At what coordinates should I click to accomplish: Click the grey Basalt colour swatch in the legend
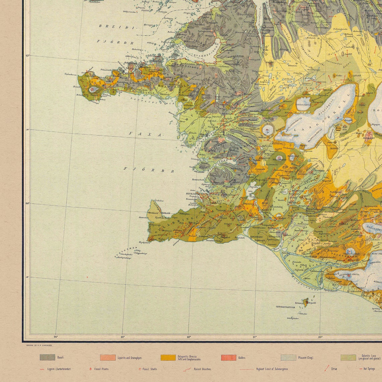coord(47,358)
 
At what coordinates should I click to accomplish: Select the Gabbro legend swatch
coord(228,358)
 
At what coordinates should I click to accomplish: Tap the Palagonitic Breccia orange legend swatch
coord(168,358)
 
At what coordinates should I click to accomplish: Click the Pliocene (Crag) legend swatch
coord(289,358)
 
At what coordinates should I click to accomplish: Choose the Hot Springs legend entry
coord(369,369)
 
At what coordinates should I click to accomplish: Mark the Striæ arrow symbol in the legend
coord(327,369)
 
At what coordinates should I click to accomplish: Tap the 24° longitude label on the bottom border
coord(56,337)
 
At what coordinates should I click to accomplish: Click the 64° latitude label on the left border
coord(27,203)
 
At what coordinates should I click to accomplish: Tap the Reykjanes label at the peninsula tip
coord(144,242)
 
